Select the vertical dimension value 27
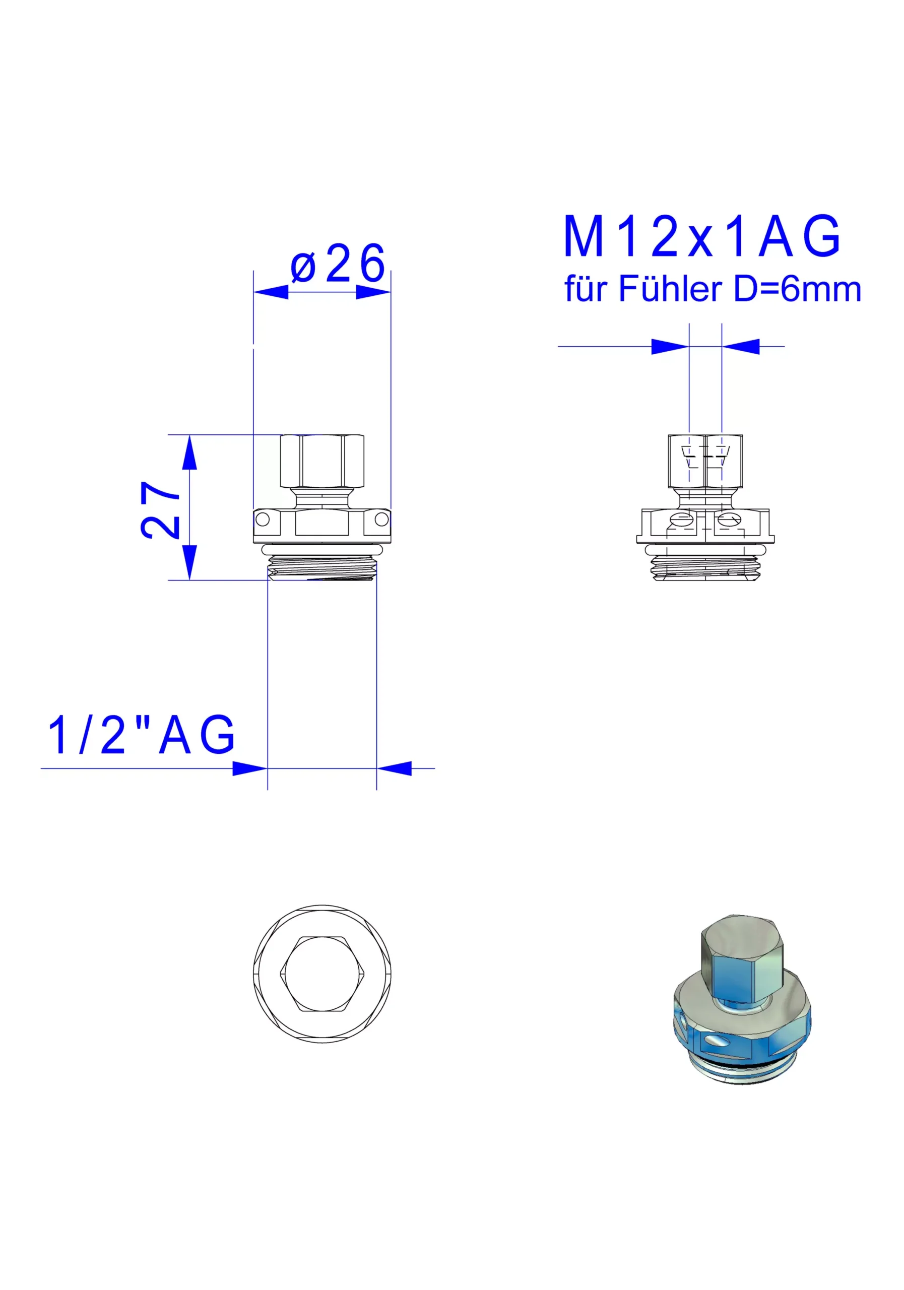(x=160, y=509)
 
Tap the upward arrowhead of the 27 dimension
(x=189, y=453)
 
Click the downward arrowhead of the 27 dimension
(x=189, y=562)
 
